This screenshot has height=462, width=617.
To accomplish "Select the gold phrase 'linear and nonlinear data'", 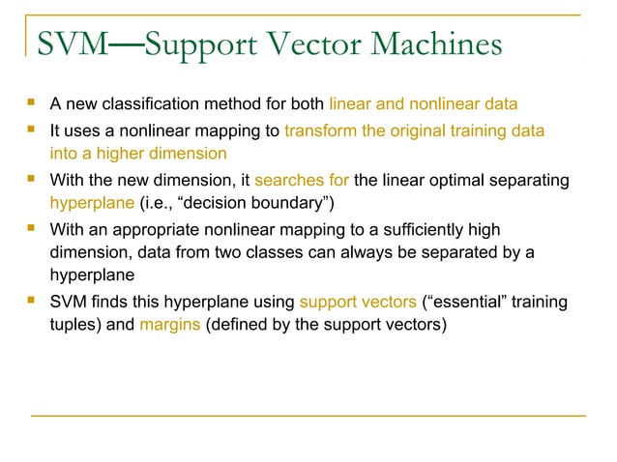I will coord(424,103).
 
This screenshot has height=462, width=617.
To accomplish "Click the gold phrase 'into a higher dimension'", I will coord(138,154).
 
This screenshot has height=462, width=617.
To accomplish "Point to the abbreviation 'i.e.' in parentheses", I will coord(161,204).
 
